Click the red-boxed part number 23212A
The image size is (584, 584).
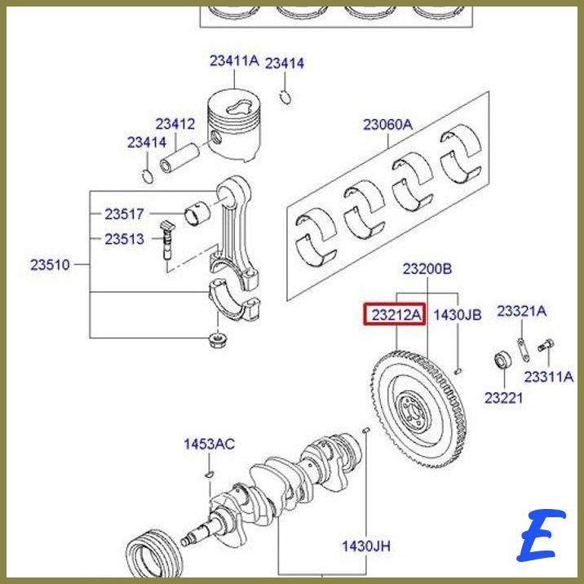tap(394, 314)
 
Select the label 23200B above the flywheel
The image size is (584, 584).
tap(427, 268)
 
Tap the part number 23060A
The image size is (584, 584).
tap(387, 125)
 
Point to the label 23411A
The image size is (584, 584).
tap(233, 60)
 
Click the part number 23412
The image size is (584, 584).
tap(175, 124)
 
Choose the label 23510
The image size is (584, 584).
tap(51, 264)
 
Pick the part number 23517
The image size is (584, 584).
tap(124, 215)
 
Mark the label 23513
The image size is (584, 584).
tap(124, 239)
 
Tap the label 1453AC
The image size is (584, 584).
tap(209, 444)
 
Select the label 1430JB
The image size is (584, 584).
tap(457, 315)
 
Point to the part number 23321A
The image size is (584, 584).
tap(522, 311)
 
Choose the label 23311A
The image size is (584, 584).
tap(548, 377)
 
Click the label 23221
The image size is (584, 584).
tap(503, 398)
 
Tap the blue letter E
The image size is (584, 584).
tap(540, 535)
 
